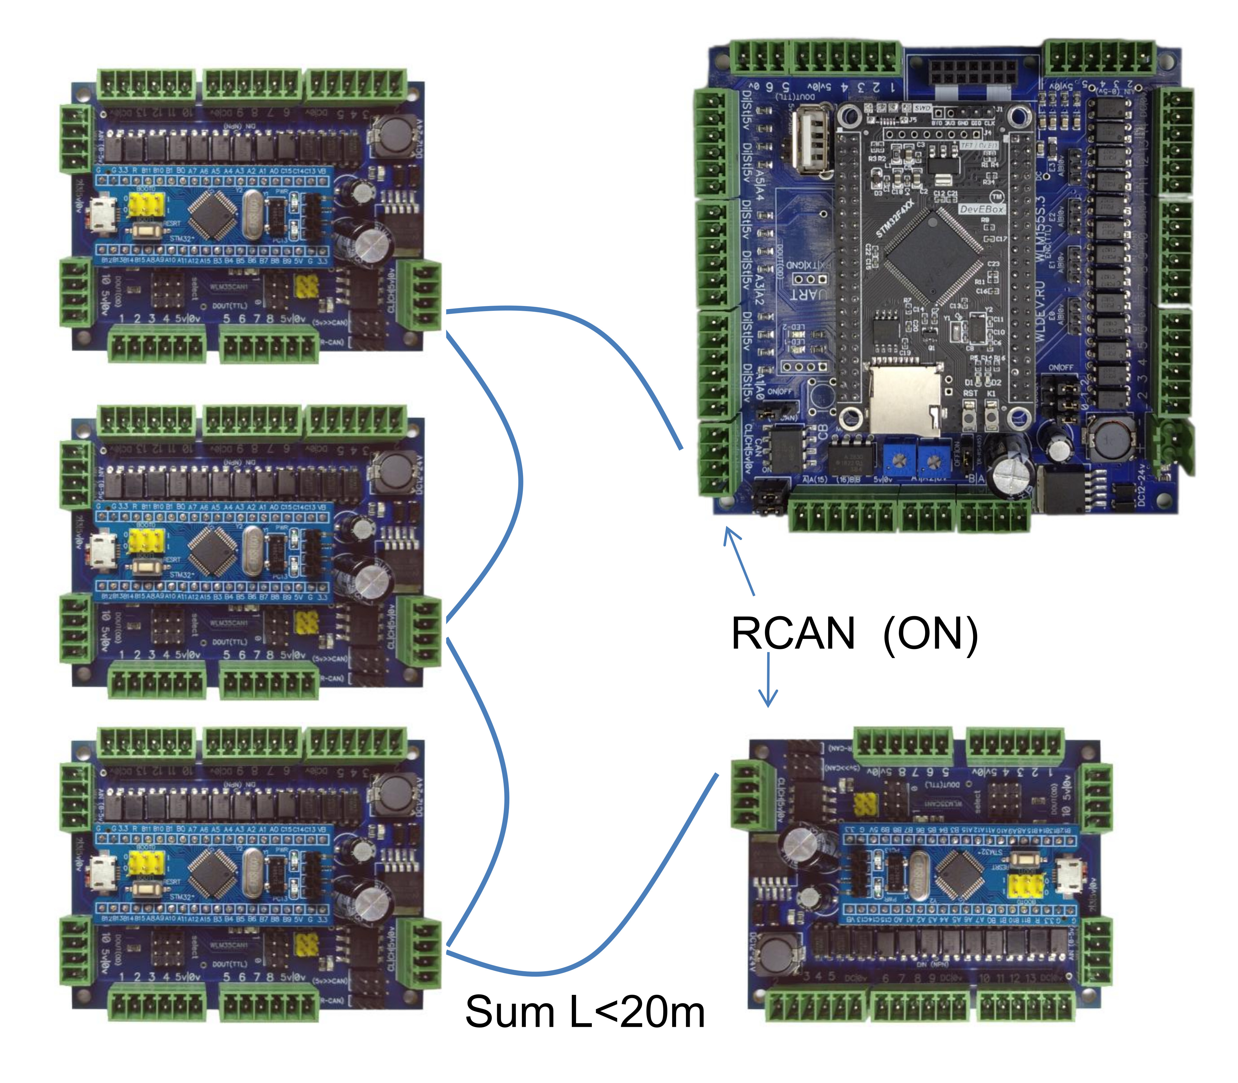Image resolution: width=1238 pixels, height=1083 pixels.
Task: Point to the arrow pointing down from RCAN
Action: tap(768, 680)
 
